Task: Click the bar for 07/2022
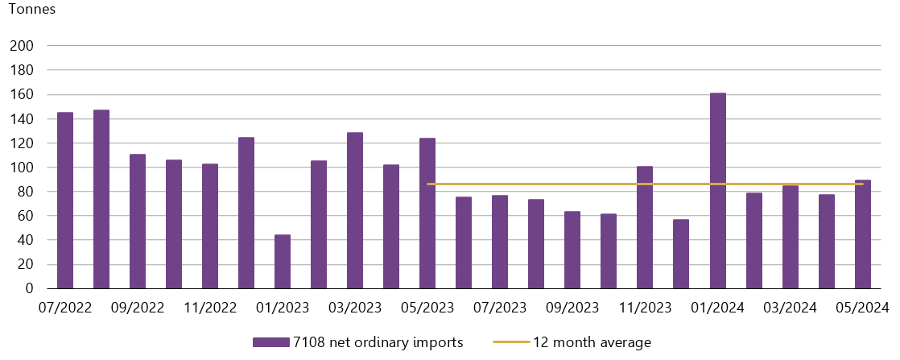click(65, 201)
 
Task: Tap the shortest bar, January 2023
click(283, 262)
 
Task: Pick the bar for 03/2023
click(355, 210)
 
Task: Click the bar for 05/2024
click(863, 234)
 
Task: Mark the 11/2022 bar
click(210, 226)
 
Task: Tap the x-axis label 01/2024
click(718, 307)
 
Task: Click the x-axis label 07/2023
click(500, 307)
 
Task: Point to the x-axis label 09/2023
click(572, 307)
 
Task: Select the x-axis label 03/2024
click(791, 307)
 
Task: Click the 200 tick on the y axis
click(22, 46)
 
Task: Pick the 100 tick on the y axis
click(22, 168)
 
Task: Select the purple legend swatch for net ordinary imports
click(270, 342)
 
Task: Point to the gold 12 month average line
click(564, 184)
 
